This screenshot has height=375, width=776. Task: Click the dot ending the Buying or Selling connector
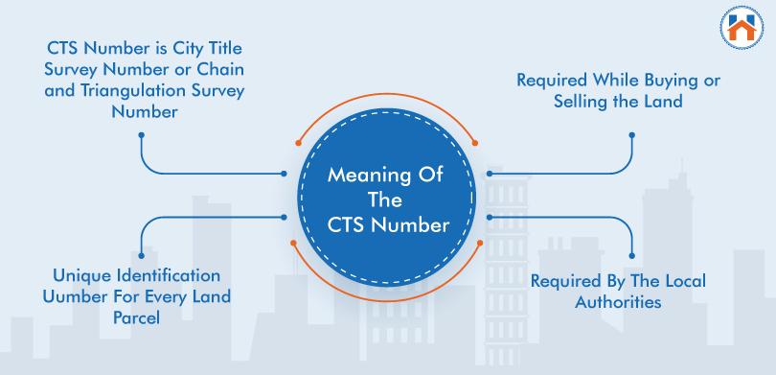point(632,134)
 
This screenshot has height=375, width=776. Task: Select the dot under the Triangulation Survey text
point(142,134)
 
